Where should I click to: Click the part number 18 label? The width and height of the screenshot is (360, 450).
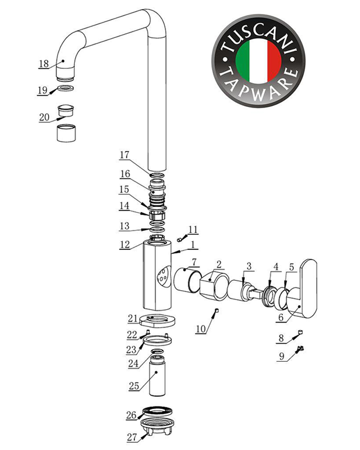[44, 64]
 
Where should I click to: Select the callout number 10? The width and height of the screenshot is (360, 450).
[201, 329]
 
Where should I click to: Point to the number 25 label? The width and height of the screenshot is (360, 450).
[134, 386]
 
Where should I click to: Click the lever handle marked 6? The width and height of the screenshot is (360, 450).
[304, 289]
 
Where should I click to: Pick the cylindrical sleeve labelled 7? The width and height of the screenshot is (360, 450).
[188, 280]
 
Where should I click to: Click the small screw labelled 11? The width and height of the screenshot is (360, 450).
[179, 238]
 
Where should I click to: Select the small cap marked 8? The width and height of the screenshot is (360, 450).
[301, 333]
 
